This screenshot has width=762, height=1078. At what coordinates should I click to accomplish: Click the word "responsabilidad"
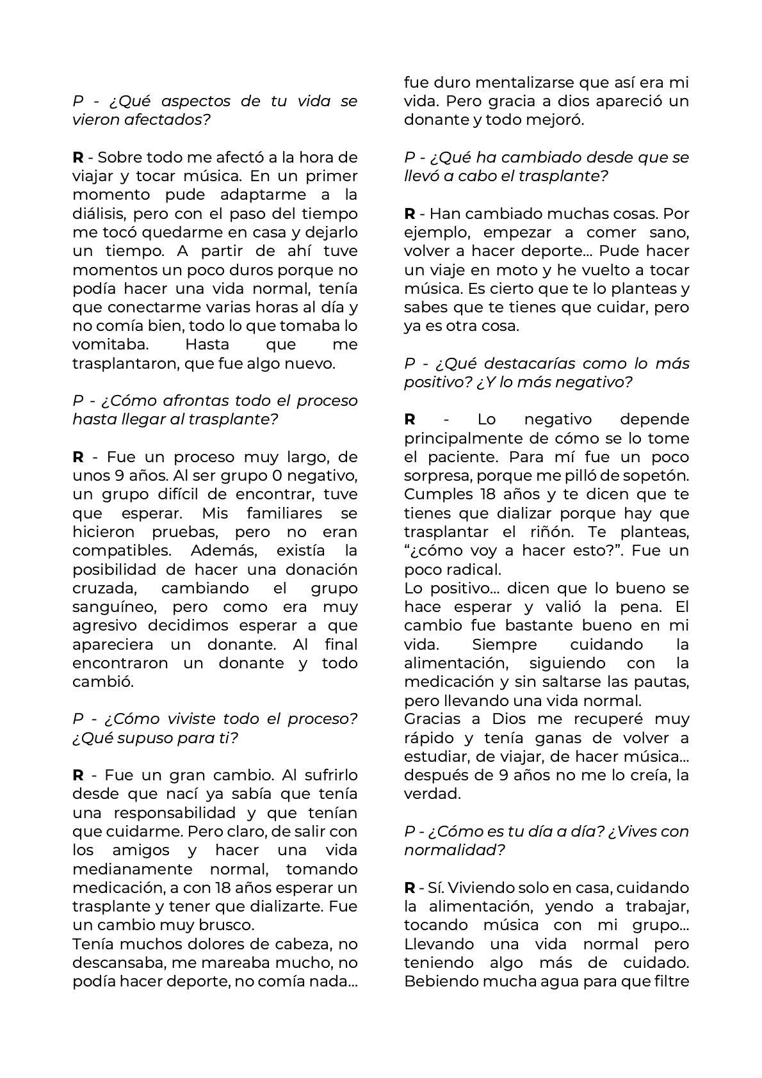173,813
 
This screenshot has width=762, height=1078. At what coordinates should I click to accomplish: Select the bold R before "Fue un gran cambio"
78,775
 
